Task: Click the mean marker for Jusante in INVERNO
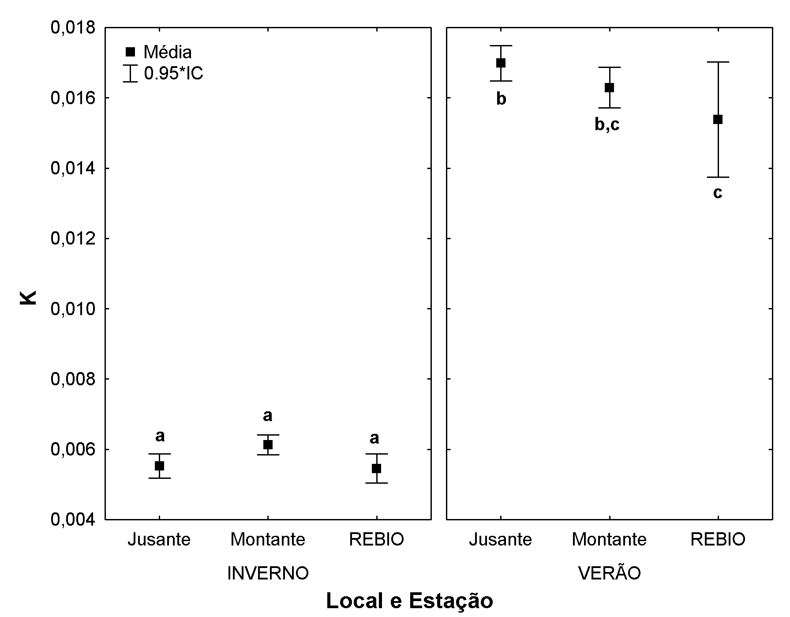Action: click(x=159, y=466)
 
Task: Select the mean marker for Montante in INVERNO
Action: click(x=268, y=444)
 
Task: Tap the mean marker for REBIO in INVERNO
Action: click(x=376, y=468)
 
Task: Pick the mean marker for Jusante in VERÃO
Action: click(x=501, y=63)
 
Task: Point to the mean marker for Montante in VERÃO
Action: click(x=609, y=87)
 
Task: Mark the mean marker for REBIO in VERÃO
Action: click(x=718, y=119)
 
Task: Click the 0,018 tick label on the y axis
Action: click(x=73, y=28)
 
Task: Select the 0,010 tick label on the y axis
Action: click(x=73, y=309)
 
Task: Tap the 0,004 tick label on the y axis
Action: click(x=73, y=520)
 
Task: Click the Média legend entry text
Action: click(x=168, y=53)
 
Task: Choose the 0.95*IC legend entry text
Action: click(x=173, y=73)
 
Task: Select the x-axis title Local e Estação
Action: click(x=409, y=601)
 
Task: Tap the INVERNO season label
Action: click(x=268, y=573)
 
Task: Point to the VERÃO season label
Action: click(x=609, y=573)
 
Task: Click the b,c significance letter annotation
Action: click(x=607, y=125)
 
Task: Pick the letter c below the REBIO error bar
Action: click(x=718, y=193)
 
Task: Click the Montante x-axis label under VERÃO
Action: click(x=609, y=539)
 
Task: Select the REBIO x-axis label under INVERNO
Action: click(x=376, y=539)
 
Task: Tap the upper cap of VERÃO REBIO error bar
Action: click(x=718, y=62)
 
